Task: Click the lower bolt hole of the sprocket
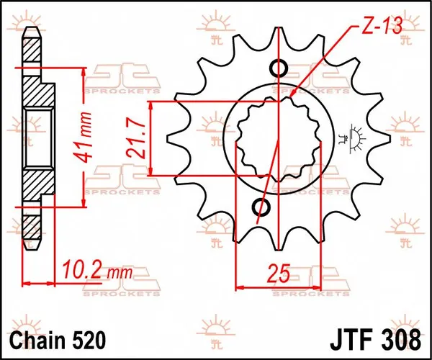[x=261, y=208]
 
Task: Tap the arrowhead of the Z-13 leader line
[x=294, y=95]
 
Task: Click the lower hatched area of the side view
[x=36, y=194]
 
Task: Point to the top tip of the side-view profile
[x=30, y=30]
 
